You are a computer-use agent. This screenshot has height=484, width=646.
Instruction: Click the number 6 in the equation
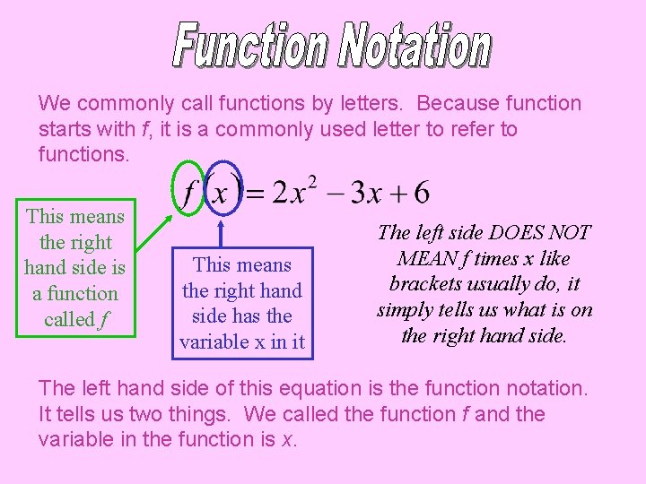pos(422,192)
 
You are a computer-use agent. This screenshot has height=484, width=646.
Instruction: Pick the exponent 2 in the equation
pos(310,182)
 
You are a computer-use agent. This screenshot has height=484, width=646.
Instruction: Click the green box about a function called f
pos(75,267)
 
